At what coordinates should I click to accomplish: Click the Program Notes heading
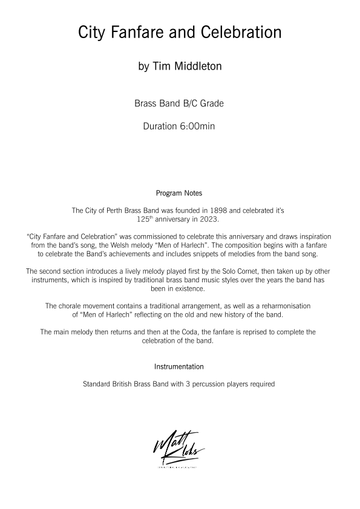pos(179,193)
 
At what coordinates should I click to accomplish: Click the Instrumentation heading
pos(179,367)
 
